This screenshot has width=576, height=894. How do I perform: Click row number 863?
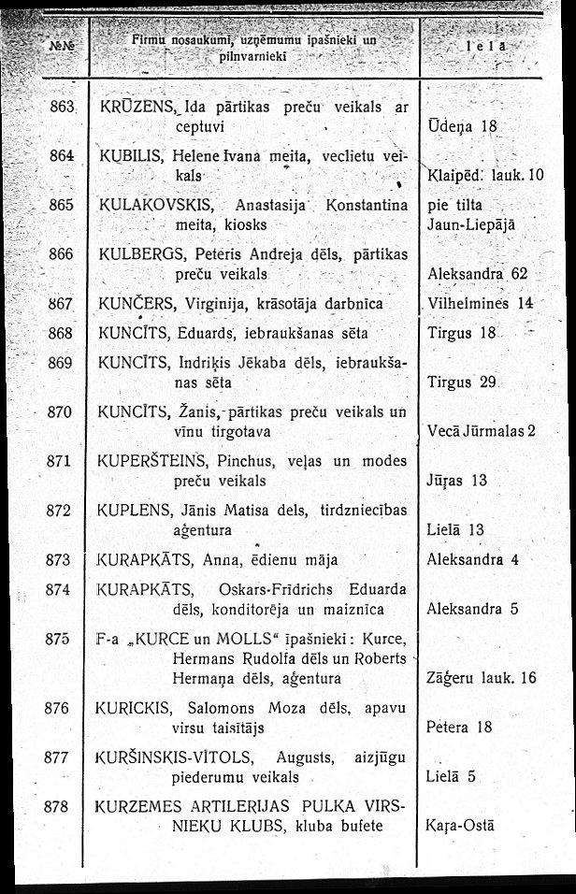(61, 108)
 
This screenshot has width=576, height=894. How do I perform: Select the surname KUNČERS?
(135, 304)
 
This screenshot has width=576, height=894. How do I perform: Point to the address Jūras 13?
(457, 481)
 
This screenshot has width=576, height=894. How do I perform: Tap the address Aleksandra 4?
(472, 560)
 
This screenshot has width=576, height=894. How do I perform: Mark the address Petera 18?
(458, 727)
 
